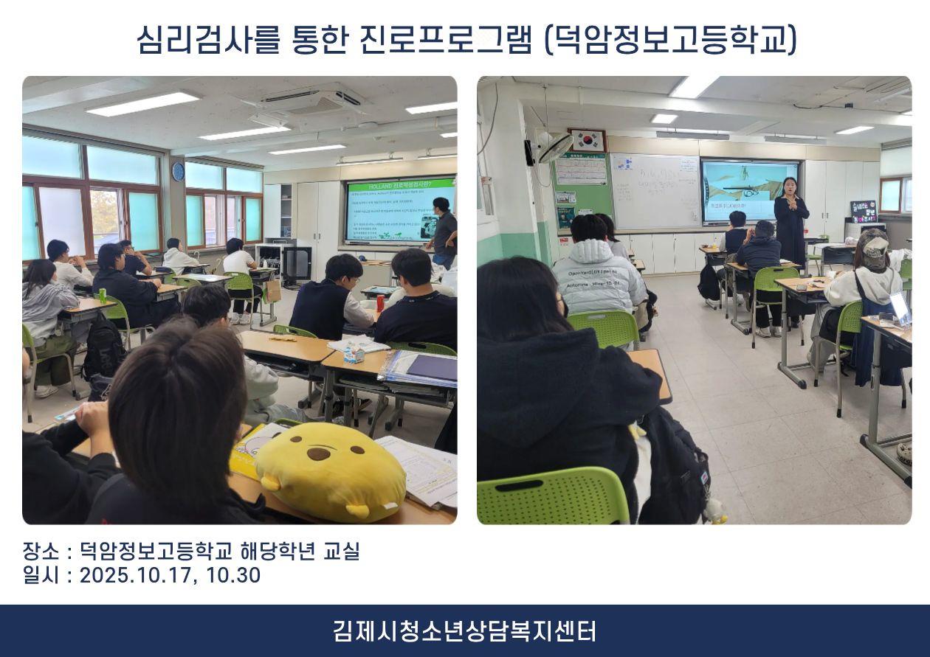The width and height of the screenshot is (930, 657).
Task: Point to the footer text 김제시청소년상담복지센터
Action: [464, 631]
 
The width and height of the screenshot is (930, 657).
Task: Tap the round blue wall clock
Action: [178, 171]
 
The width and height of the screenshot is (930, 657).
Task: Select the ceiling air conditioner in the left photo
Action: [311, 100]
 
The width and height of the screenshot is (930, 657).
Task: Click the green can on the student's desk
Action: [103, 296]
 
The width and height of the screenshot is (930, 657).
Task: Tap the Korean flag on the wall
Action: [588, 141]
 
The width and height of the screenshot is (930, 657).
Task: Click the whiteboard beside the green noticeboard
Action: [655, 191]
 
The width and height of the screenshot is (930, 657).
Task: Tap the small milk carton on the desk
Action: [355, 355]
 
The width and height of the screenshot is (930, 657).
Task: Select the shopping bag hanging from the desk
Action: [274, 291]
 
